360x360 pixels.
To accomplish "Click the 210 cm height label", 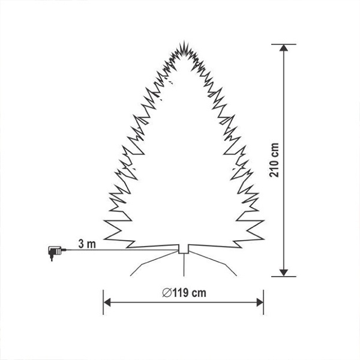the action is coord(274,160).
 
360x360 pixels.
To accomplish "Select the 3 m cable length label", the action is coord(87,244).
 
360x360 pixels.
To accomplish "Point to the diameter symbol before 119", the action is coord(167,293).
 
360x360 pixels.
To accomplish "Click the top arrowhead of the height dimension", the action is coord(284,48).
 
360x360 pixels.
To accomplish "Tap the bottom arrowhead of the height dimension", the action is coord(284,273).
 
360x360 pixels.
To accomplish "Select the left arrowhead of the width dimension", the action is coord(107,302).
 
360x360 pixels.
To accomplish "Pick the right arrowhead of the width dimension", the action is coord(260,302).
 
